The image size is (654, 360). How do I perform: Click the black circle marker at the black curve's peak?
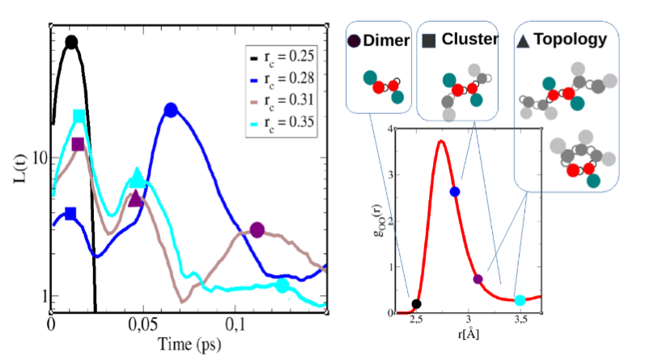coord(71,42)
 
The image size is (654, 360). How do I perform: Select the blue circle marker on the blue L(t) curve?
coord(170,110)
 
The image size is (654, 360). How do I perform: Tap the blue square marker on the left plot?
coord(70,214)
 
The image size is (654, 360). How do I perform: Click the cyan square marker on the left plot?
coord(79,116)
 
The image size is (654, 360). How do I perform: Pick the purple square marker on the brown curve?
coord(78,144)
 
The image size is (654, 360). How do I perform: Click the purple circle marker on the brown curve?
coord(257,230)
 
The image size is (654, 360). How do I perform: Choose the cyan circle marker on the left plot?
coord(282,286)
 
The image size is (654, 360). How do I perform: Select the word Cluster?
coord(469,39)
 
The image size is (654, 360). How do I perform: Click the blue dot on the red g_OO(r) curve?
coord(455,191)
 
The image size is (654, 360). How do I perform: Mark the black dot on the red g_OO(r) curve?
coord(416,304)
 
